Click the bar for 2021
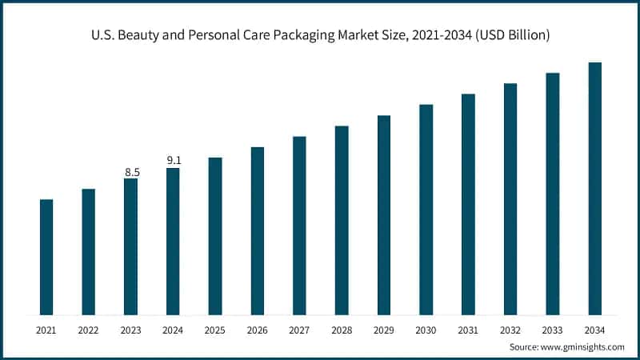(x=46, y=257)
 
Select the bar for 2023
(x=130, y=246)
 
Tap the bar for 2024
(x=173, y=241)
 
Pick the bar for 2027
(x=299, y=226)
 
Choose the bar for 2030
(x=426, y=210)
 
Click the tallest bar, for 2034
(x=594, y=189)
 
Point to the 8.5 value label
(x=132, y=172)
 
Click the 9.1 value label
(x=174, y=161)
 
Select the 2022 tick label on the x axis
(x=88, y=329)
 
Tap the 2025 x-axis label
(x=215, y=329)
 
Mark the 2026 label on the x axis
(x=257, y=329)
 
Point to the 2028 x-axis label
(x=342, y=329)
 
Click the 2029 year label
(x=384, y=329)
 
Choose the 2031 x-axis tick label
(x=468, y=329)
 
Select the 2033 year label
(x=553, y=329)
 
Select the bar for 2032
(x=510, y=199)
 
